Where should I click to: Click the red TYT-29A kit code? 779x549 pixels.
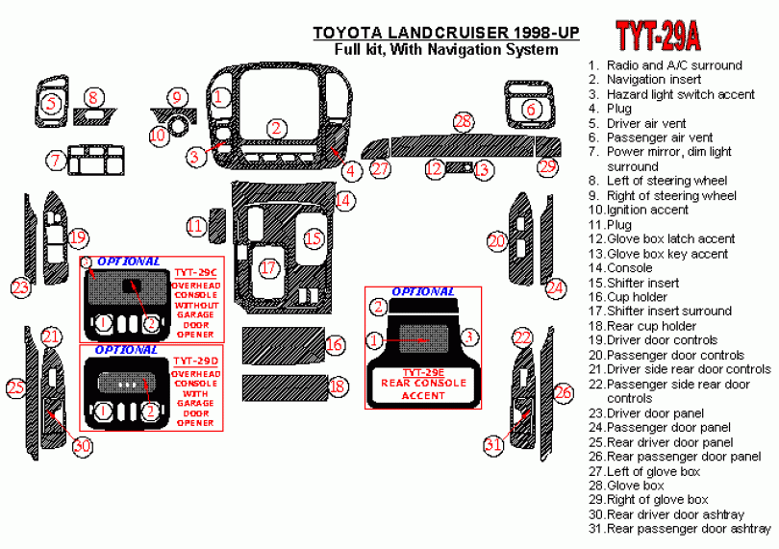click(658, 36)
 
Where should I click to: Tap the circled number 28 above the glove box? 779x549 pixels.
click(463, 122)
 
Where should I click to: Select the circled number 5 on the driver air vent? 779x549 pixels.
click(51, 104)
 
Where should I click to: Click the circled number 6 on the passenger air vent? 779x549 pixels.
click(531, 109)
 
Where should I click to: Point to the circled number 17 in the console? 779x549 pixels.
click(268, 268)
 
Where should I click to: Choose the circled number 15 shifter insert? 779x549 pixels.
click(314, 238)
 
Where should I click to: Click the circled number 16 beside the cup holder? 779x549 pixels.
click(335, 344)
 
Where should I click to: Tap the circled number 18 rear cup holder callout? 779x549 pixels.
click(338, 387)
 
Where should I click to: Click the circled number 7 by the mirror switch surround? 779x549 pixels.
click(56, 161)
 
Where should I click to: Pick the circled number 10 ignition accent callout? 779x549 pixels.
click(158, 135)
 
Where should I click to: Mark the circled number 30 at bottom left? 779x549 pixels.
click(82, 446)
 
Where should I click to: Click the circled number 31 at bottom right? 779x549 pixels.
click(493, 444)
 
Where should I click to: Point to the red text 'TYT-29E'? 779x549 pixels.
click(423, 373)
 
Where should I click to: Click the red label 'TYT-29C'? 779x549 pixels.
click(196, 273)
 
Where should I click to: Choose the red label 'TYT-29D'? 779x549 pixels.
click(196, 362)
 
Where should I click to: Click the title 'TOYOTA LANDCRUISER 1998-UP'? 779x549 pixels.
click(446, 33)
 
